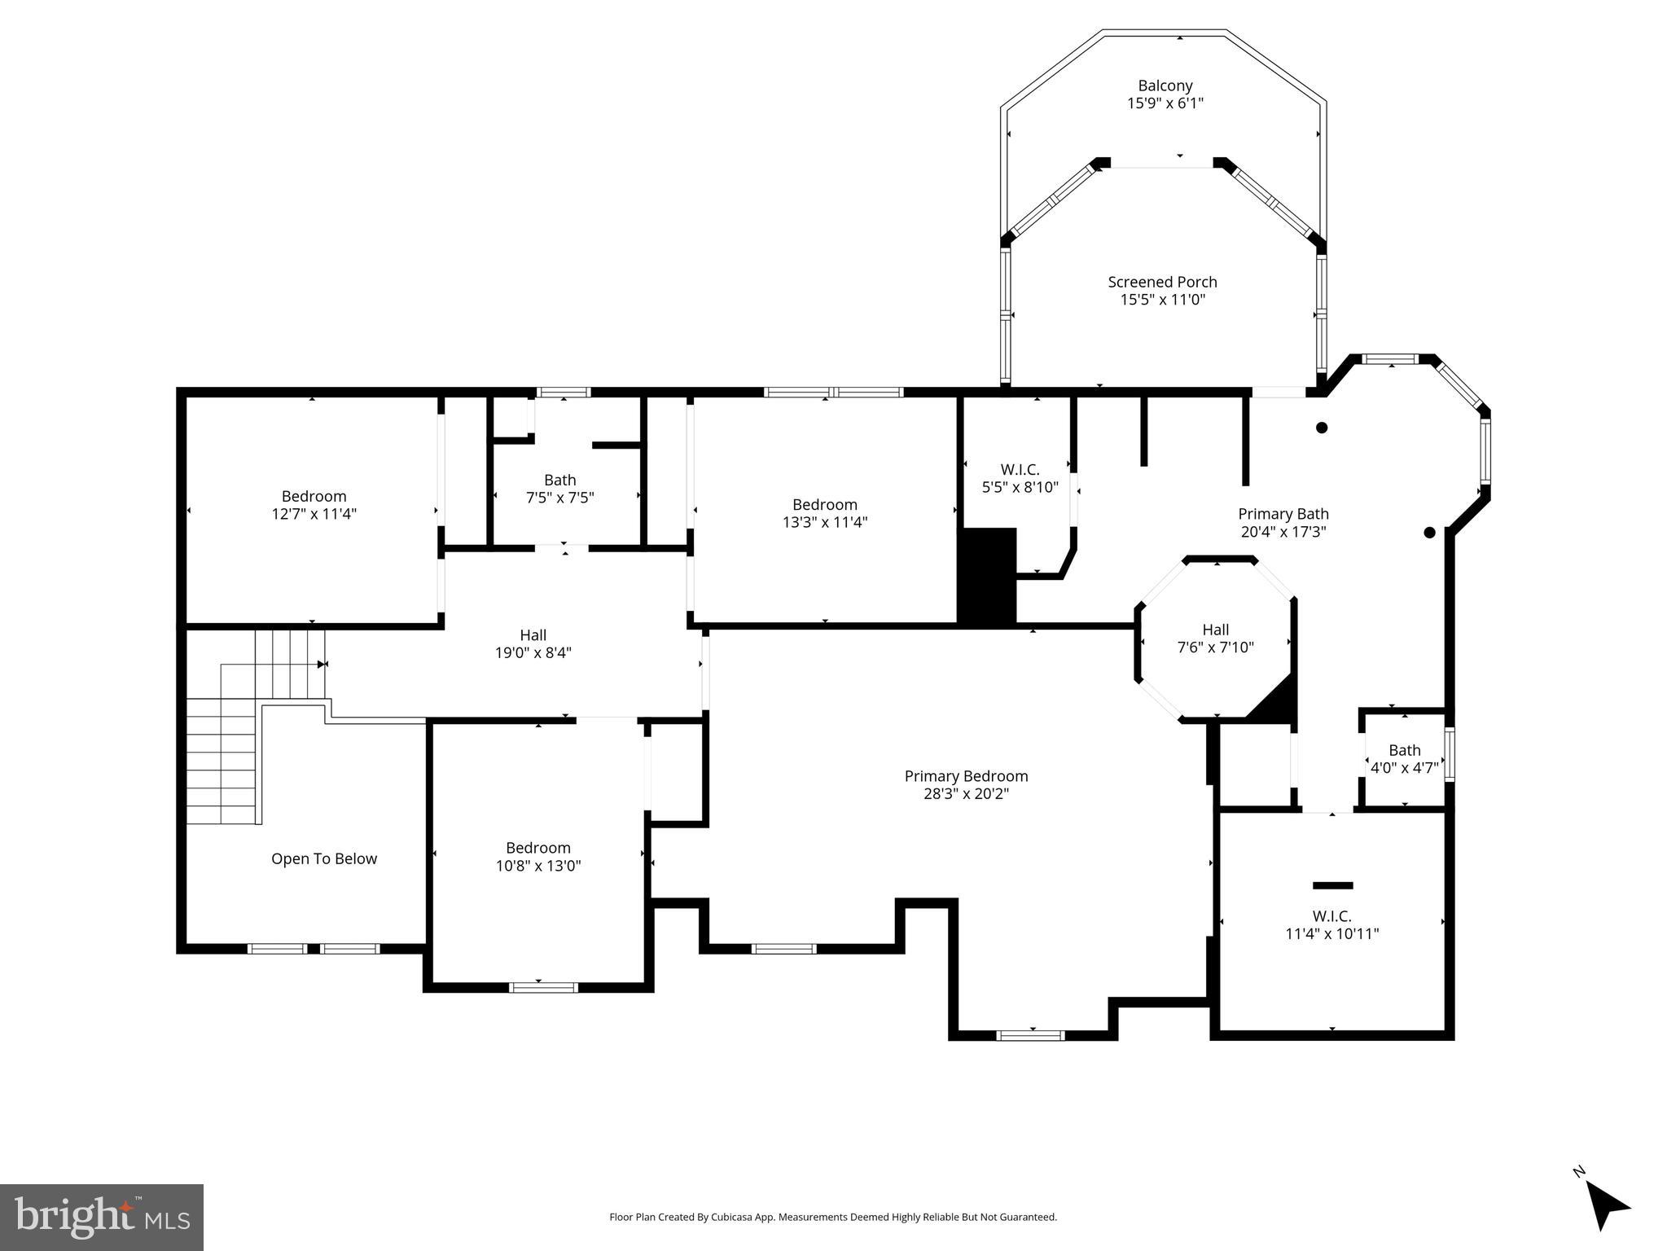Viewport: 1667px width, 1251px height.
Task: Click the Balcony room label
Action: pyautogui.click(x=1165, y=86)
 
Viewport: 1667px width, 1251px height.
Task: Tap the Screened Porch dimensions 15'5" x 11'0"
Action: pyautogui.click(x=1162, y=300)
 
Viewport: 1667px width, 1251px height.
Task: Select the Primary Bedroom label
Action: pyautogui.click(x=966, y=776)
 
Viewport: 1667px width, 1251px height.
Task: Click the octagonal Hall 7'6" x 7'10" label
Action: pyautogui.click(x=1215, y=639)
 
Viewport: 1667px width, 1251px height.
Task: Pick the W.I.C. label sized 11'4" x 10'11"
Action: pyautogui.click(x=1331, y=925)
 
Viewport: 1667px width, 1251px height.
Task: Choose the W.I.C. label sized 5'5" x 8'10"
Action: pyautogui.click(x=1020, y=479)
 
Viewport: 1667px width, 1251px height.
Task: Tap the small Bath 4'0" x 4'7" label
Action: pyautogui.click(x=1404, y=759)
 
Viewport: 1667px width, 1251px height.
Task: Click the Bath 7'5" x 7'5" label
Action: pyautogui.click(x=559, y=489)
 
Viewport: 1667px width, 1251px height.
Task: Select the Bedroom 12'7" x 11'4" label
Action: pyautogui.click(x=314, y=505)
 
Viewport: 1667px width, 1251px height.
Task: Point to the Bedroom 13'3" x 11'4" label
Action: pyautogui.click(x=824, y=513)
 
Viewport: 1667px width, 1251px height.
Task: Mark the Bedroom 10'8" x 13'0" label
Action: pyautogui.click(x=537, y=857)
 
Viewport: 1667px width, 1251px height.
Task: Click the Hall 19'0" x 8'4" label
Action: pyautogui.click(x=533, y=643)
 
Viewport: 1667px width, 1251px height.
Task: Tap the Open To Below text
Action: pyautogui.click(x=323, y=858)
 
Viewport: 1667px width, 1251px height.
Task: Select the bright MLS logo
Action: pyautogui.click(x=101, y=1217)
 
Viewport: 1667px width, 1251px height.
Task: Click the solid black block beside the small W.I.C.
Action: pyautogui.click(x=987, y=576)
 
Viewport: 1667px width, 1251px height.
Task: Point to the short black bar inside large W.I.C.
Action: pyautogui.click(x=1332, y=885)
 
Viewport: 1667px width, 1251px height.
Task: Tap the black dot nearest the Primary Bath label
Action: pyautogui.click(x=1428, y=533)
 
